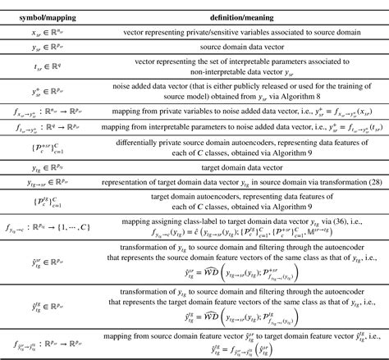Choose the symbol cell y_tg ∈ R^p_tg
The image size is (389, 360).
tap(45, 165)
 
